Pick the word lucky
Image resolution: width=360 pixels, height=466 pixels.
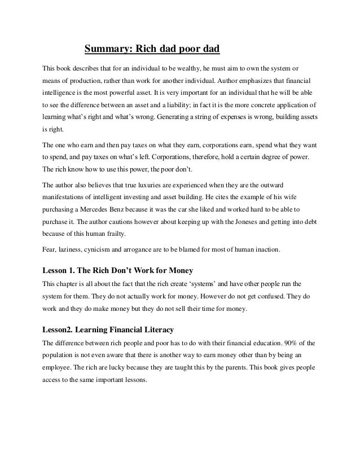pos(131,366)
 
